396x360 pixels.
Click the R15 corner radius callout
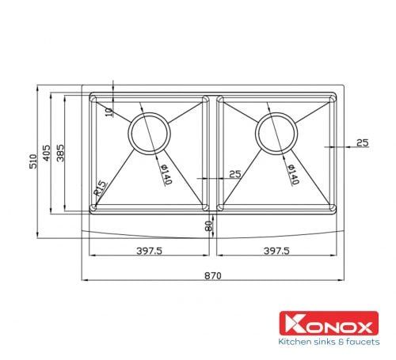point(101,188)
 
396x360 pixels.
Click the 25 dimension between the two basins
point(234,173)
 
